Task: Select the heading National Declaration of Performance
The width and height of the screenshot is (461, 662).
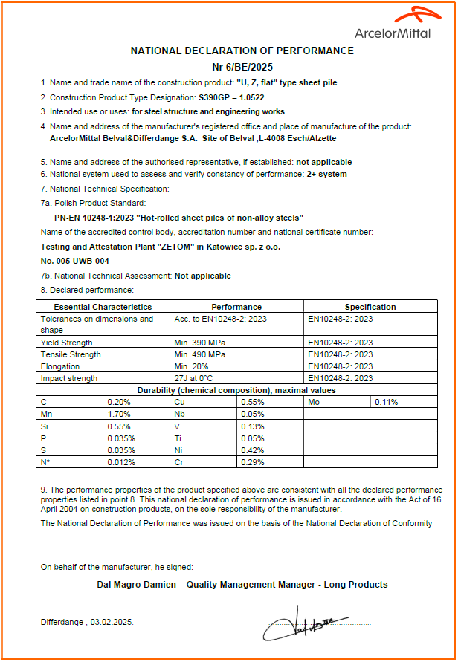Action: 242,51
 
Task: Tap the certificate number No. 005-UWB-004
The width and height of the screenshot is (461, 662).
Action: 75,261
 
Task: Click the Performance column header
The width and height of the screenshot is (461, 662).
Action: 236,307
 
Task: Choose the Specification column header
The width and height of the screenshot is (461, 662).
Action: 370,307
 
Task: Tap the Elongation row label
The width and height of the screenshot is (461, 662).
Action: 59,366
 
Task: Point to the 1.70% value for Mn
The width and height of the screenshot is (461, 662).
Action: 119,414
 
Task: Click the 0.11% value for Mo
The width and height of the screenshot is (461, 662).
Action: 386,402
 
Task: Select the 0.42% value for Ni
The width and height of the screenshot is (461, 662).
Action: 252,450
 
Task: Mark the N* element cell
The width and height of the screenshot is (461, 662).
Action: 45,461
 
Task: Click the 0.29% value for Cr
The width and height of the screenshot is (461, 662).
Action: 252,461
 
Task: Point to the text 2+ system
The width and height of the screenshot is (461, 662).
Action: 326,174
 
